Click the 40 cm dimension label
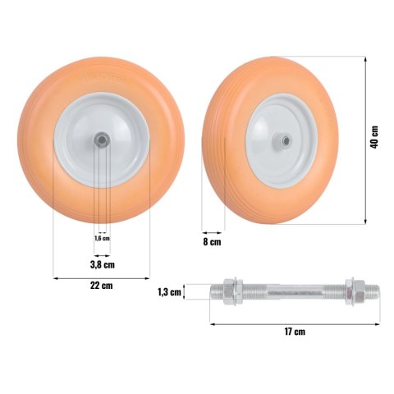point(374,137)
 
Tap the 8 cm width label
point(212,242)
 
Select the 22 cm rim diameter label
point(101,286)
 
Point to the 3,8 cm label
point(103,264)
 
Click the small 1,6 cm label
point(102,238)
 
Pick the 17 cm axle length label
point(295,332)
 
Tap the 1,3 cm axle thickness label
point(169,292)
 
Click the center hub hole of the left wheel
point(102,140)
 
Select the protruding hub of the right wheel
point(282,140)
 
